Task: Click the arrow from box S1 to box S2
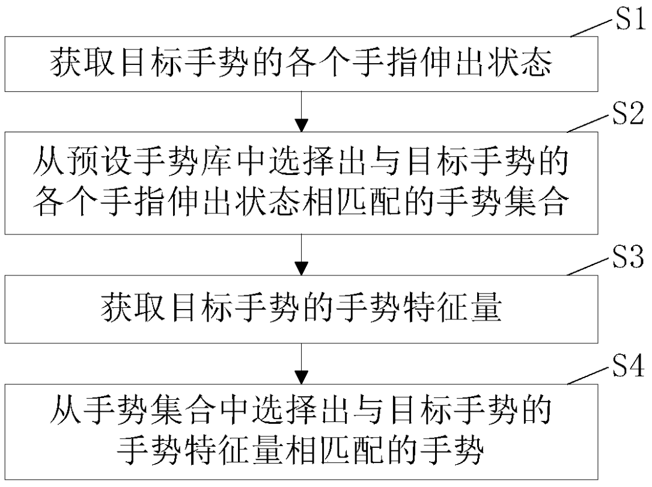304,111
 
